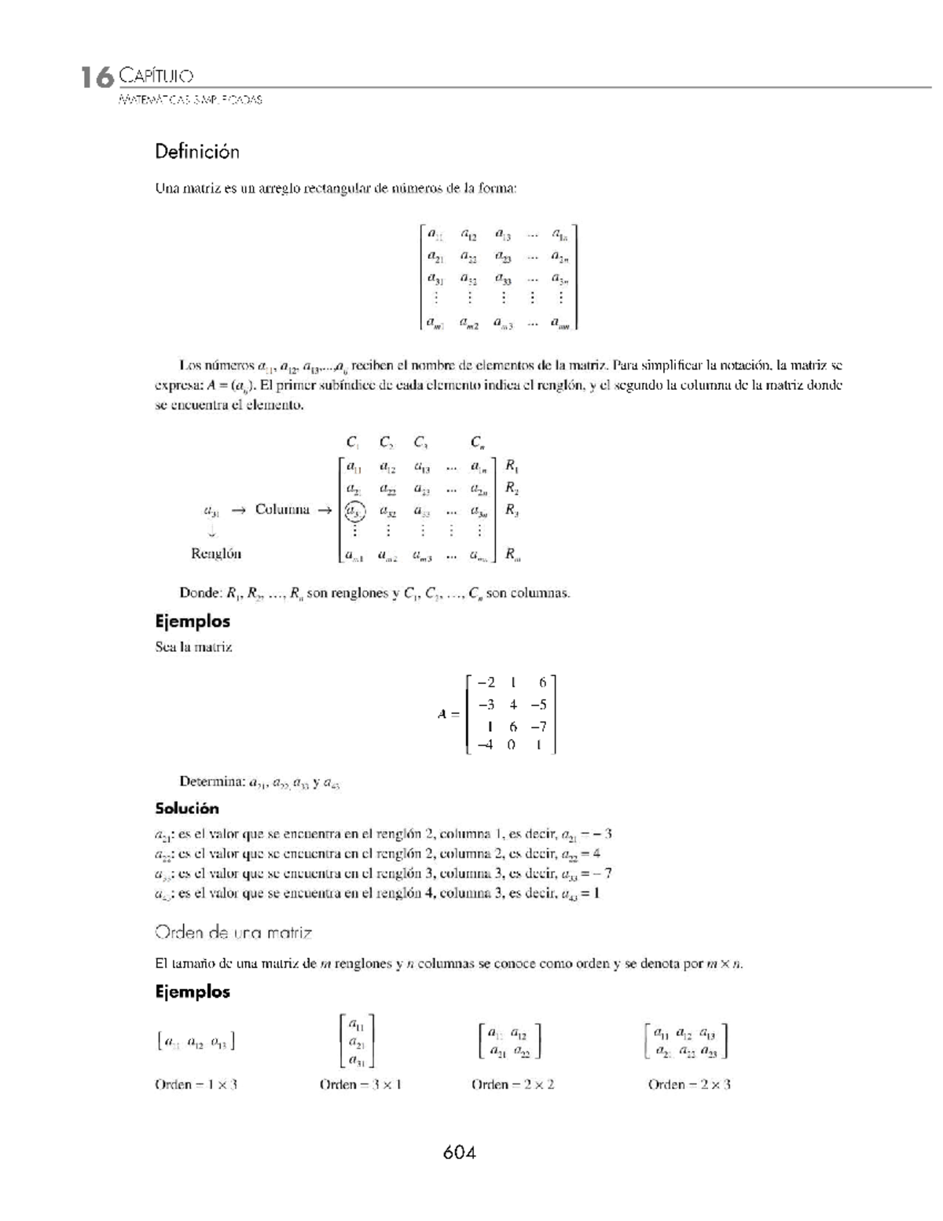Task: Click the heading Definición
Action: [196, 152]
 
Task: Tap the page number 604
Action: [460, 1153]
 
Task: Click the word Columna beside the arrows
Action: [282, 509]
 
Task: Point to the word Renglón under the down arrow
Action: [216, 553]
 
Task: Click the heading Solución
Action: [187, 808]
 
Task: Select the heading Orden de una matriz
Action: [233, 933]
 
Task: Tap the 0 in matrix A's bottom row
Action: [512, 745]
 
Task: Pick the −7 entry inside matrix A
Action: [538, 726]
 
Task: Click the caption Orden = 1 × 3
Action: [196, 1085]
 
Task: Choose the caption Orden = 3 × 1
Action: [361, 1085]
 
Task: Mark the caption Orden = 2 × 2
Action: [513, 1085]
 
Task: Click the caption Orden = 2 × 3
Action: [689, 1085]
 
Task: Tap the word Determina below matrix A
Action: [212, 782]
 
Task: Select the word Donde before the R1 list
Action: [200, 593]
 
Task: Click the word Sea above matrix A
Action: [166, 647]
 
